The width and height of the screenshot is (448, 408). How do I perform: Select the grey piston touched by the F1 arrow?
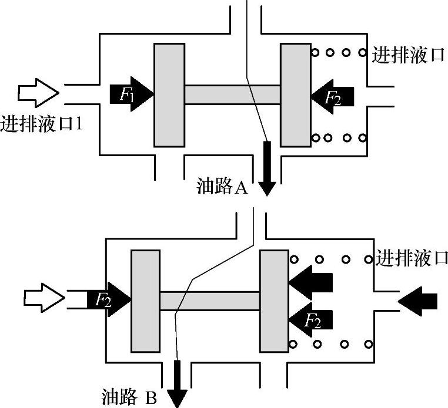(x=169, y=94)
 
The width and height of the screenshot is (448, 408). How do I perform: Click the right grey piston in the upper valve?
(x=296, y=94)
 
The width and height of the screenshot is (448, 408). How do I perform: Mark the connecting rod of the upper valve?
(x=232, y=94)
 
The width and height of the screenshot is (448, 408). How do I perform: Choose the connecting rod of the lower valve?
(x=209, y=301)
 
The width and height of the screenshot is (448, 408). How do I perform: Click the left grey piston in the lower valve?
(x=145, y=301)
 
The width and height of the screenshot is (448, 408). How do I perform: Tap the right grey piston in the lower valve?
(x=273, y=301)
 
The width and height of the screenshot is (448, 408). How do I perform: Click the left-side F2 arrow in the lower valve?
(x=109, y=299)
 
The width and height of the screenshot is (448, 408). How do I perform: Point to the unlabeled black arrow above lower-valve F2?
(x=312, y=282)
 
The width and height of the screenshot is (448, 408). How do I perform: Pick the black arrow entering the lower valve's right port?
(x=418, y=300)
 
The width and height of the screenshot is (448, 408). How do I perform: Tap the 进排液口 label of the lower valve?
(x=412, y=258)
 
